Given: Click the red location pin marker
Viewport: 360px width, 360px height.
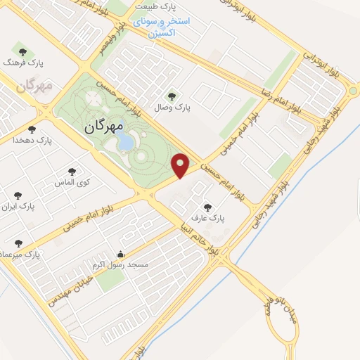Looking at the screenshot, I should pyautogui.click(x=181, y=165).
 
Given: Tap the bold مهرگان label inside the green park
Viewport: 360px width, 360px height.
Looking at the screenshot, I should pyautogui.click(x=103, y=127).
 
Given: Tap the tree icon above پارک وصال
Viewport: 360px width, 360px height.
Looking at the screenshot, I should pyautogui.click(x=172, y=96).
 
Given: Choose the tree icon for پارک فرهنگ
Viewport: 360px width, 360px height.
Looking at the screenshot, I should pyautogui.click(x=22, y=51).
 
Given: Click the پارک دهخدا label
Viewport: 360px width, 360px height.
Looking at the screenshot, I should pyautogui.click(x=32, y=141).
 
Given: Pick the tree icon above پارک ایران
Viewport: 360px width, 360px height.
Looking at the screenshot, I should pyautogui.click(x=18, y=195).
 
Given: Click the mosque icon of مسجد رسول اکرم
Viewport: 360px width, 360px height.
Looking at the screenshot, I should pyautogui.click(x=120, y=254).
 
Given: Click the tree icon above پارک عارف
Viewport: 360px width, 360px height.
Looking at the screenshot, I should pyautogui.click(x=207, y=207).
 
